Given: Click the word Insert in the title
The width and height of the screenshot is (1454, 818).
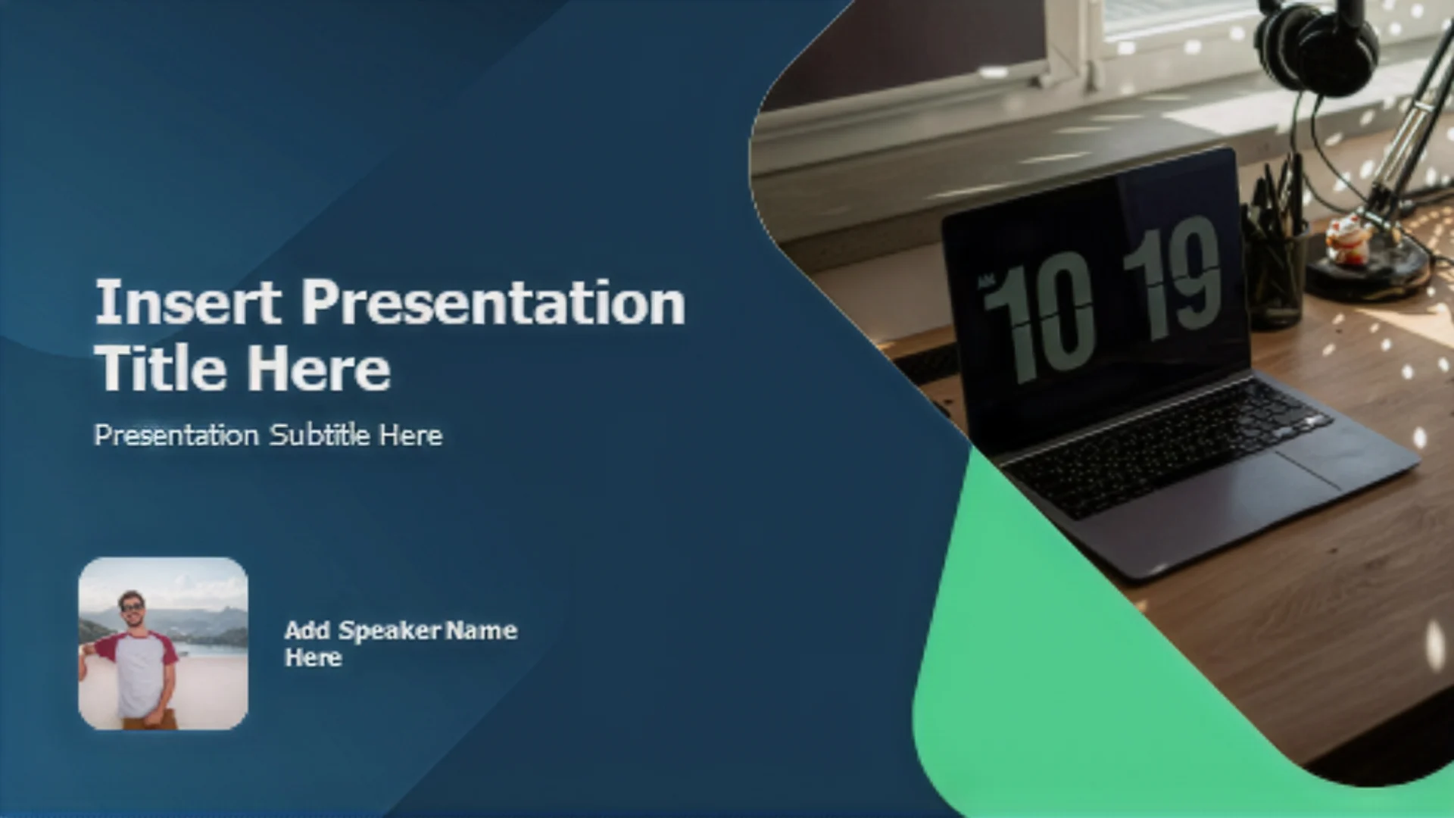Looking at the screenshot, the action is pyautogui.click(x=188, y=302).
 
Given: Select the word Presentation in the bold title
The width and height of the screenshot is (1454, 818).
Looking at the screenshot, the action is pyautogui.click(x=494, y=302).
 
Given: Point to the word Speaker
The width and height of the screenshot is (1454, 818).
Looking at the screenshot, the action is pyautogui.click(x=389, y=630).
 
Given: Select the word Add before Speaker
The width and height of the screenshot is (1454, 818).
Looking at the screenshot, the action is pyautogui.click(x=307, y=630).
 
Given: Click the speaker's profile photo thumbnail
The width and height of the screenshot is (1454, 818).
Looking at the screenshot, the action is pyautogui.click(x=163, y=644).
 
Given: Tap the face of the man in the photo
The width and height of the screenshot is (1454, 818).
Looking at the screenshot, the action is pyautogui.click(x=133, y=608).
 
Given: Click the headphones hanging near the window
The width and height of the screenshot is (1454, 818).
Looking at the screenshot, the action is pyautogui.click(x=1317, y=45).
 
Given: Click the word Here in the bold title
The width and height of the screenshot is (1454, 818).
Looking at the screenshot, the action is pyautogui.click(x=319, y=368).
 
